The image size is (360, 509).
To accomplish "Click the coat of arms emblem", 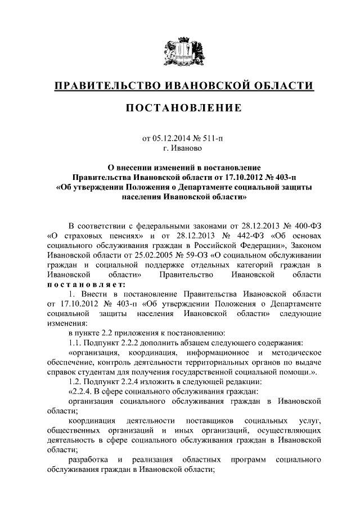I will [x=180, y=51].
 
